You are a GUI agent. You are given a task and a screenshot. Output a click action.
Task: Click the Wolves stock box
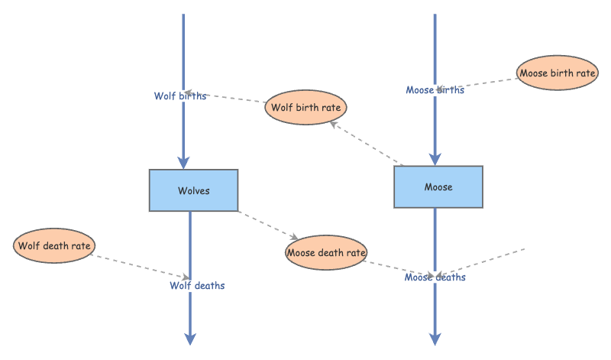pos(193,190)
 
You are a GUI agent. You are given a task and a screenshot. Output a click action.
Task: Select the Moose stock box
pos(438,187)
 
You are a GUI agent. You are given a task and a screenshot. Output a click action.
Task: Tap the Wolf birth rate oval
pos(306,107)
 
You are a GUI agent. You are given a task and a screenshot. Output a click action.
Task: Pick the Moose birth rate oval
pos(557,73)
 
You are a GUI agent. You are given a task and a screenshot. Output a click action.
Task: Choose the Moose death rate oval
pos(326,252)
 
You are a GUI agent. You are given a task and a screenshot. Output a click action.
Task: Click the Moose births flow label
pos(435,90)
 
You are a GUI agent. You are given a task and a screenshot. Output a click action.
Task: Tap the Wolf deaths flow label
pos(197,286)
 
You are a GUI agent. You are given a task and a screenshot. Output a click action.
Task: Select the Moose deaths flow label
pos(435,277)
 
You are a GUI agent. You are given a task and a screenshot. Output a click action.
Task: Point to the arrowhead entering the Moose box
pos(435,159)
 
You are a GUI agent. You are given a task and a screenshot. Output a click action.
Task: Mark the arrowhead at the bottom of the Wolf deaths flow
pos(190,339)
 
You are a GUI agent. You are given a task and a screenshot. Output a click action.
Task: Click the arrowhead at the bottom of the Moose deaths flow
pos(435,339)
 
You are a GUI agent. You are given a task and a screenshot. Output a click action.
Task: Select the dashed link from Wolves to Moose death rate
pos(267,224)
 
